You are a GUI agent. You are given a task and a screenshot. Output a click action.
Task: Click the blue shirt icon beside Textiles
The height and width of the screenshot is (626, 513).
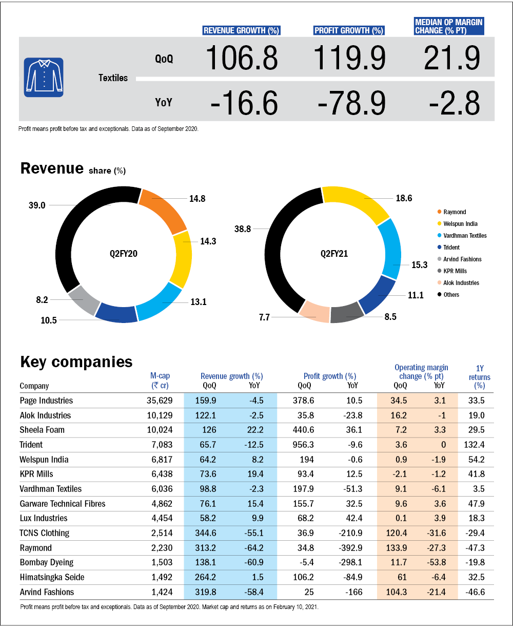[x=43, y=77]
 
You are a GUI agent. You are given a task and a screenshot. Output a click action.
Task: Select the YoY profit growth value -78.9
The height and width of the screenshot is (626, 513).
[x=351, y=103]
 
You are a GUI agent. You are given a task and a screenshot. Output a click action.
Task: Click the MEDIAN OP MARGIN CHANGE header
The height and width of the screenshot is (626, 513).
[x=449, y=26]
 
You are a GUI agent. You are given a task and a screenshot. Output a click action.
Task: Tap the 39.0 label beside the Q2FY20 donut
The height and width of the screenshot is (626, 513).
[x=37, y=205]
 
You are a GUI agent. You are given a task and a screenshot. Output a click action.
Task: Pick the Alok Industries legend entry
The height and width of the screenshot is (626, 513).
[x=461, y=282]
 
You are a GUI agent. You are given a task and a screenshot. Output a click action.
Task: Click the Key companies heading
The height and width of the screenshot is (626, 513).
[x=76, y=362]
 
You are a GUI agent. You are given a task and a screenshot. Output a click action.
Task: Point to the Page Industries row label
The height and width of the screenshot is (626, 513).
[x=46, y=401]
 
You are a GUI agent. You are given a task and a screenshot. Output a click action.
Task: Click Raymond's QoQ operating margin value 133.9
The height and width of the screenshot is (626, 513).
[x=396, y=548]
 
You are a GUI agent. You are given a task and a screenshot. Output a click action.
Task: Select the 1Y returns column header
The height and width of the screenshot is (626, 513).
[x=480, y=377]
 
